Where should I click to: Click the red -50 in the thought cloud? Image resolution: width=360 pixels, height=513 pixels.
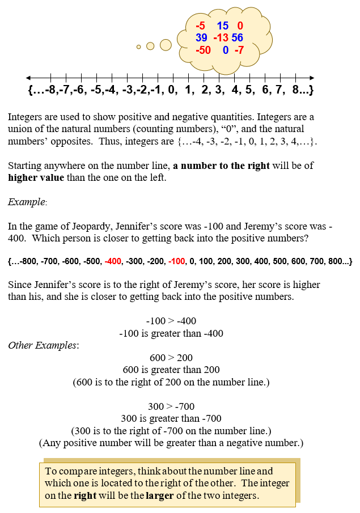[202, 50]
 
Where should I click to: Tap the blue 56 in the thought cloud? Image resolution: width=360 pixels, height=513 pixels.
[237, 38]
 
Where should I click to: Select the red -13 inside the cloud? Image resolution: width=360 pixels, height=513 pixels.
[221, 38]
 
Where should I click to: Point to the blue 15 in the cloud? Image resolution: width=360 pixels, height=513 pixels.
[222, 26]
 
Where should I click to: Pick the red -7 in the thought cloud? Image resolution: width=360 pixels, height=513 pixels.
[238, 50]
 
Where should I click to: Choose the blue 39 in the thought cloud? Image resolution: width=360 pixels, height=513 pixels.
[201, 38]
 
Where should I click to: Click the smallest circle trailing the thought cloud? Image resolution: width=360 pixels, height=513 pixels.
[138, 47]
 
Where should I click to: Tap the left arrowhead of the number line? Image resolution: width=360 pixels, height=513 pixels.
[28, 78]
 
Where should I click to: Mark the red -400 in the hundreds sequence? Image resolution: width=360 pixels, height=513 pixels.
[113, 262]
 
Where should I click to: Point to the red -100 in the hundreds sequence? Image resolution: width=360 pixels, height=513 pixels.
[177, 262]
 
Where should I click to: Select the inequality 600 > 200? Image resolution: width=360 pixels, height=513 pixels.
[171, 358]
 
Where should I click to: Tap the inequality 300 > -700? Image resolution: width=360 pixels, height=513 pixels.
[171, 406]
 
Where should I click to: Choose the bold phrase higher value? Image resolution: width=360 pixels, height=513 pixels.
[34, 177]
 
